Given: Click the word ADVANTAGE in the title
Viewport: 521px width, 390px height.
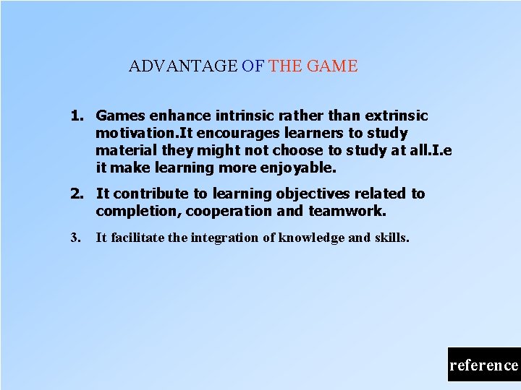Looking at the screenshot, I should (182, 66).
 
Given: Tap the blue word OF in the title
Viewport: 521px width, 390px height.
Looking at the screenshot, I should (253, 66).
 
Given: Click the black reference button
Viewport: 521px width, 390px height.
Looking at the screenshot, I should (483, 365).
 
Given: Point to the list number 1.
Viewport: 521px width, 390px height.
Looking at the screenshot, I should (76, 116).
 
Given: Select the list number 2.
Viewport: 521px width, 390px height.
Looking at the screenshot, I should (76, 194).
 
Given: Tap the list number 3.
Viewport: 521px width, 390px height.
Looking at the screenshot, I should (75, 237).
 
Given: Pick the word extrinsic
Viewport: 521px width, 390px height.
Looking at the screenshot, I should (397, 116).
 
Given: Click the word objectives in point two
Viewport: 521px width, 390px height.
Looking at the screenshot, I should (314, 194).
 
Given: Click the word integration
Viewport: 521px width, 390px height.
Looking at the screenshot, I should (224, 237).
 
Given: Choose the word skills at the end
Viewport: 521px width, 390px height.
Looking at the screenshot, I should (391, 237).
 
